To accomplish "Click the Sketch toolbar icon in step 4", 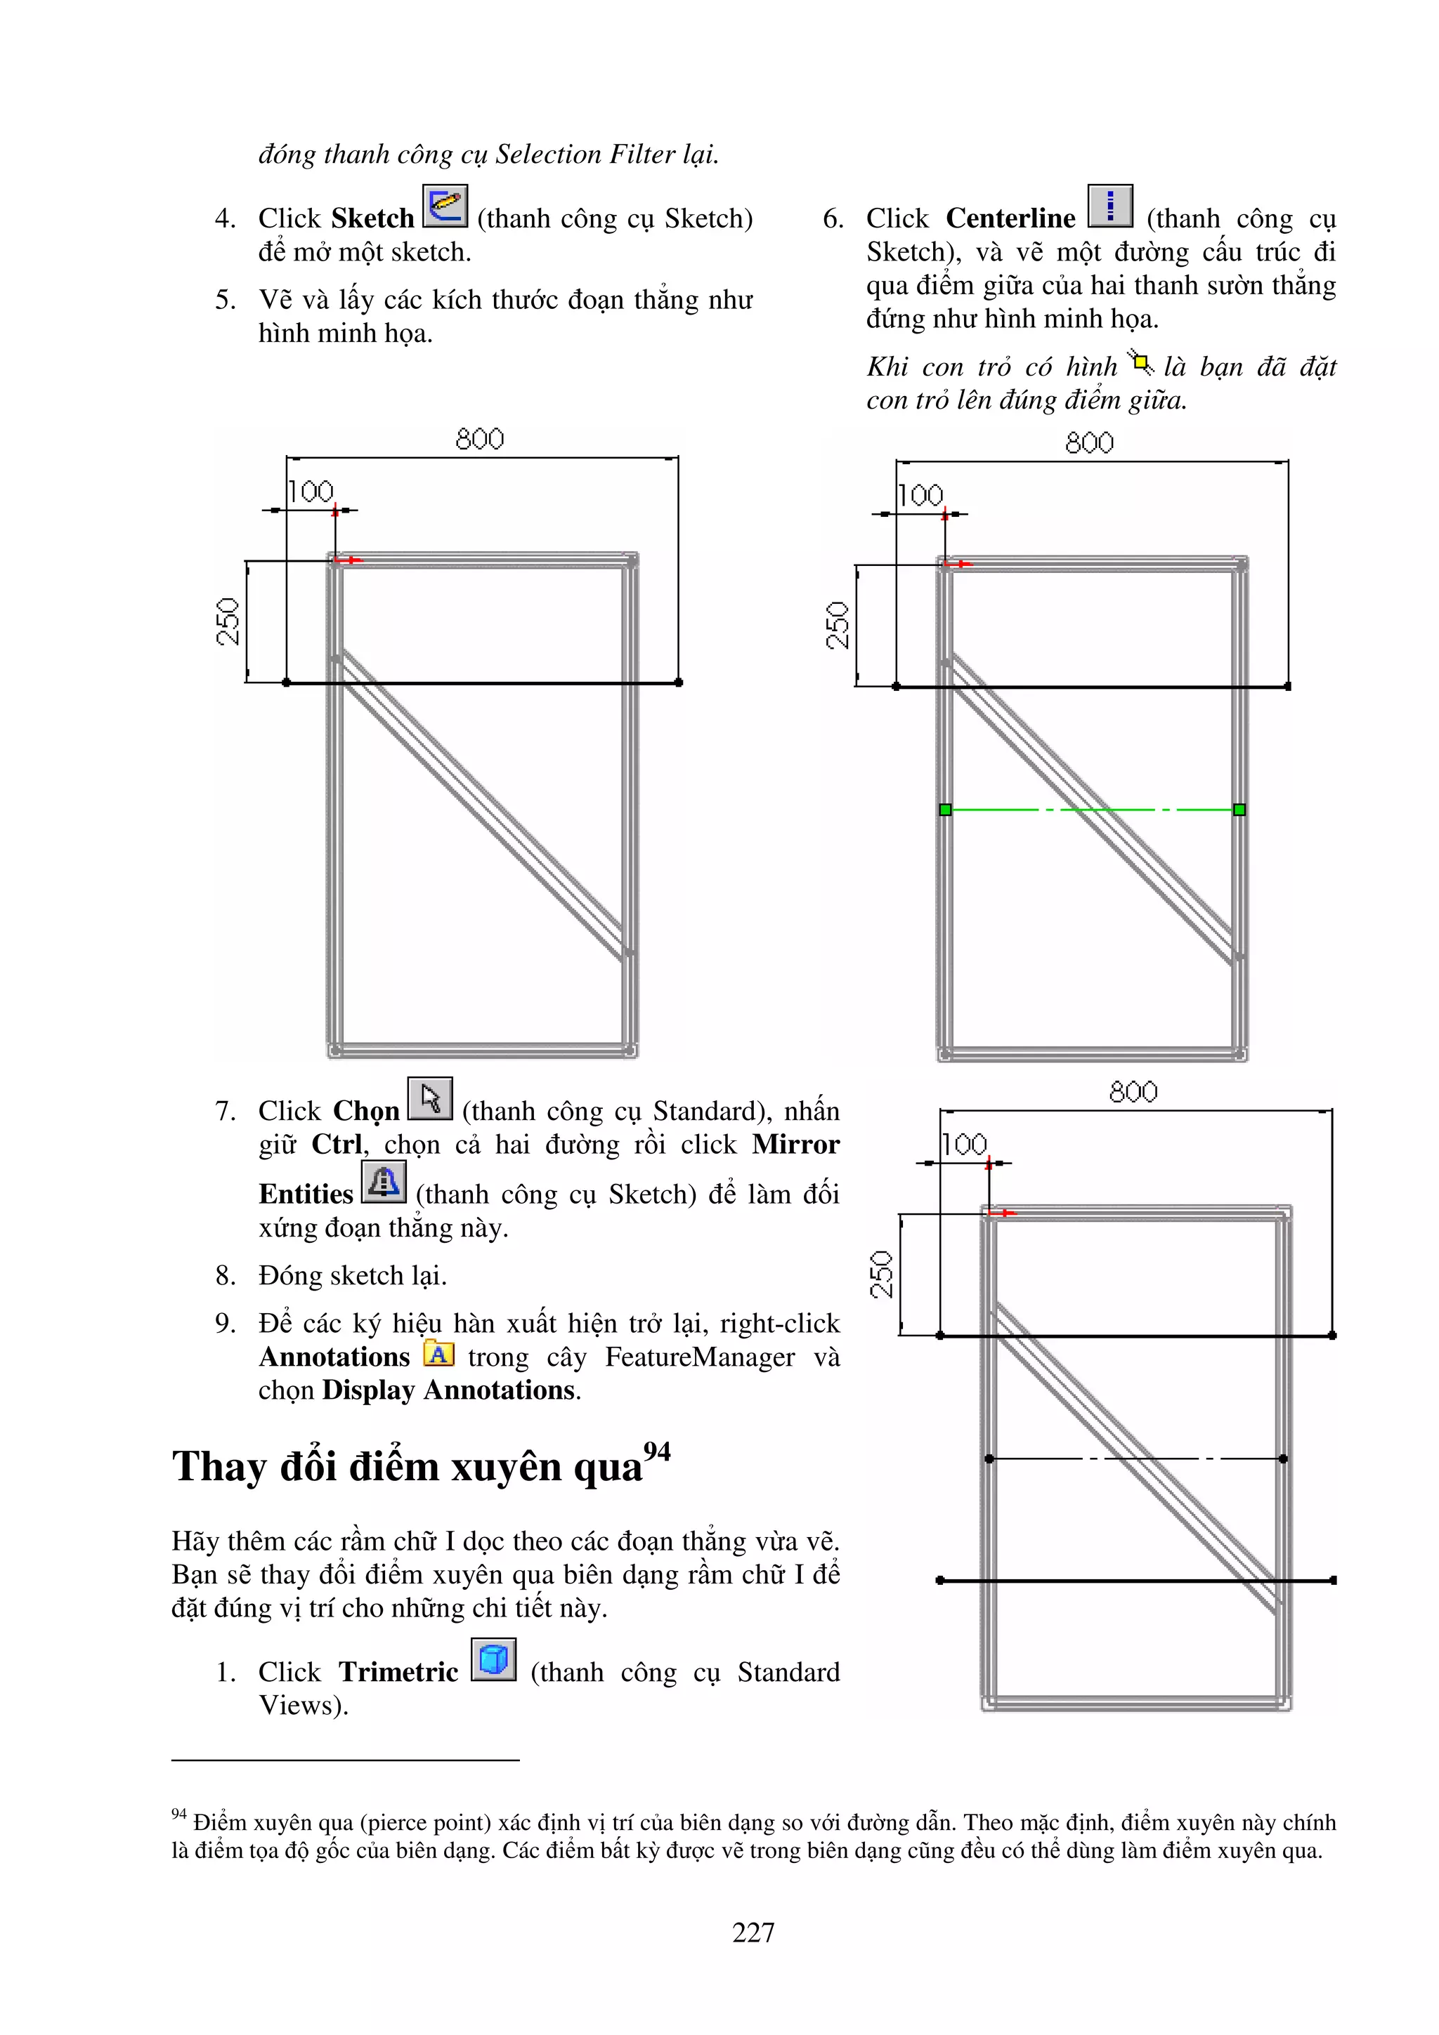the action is (x=445, y=206).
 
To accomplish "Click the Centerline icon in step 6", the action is (x=1110, y=206).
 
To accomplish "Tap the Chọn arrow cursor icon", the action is (x=430, y=1099).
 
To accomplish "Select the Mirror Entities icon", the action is (x=384, y=1183).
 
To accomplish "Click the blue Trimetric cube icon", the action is (x=494, y=1659).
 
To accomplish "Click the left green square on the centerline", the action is (x=945, y=809).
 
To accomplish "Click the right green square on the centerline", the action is (x=1239, y=809).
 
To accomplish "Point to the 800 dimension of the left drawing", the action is (x=480, y=440).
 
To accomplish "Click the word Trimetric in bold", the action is (x=399, y=1673).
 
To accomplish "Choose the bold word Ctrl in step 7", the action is (x=337, y=1144).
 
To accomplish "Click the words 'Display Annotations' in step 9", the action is (x=450, y=1390).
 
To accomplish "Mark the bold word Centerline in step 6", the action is (x=1011, y=218).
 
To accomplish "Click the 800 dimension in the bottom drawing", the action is (x=1133, y=1092).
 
